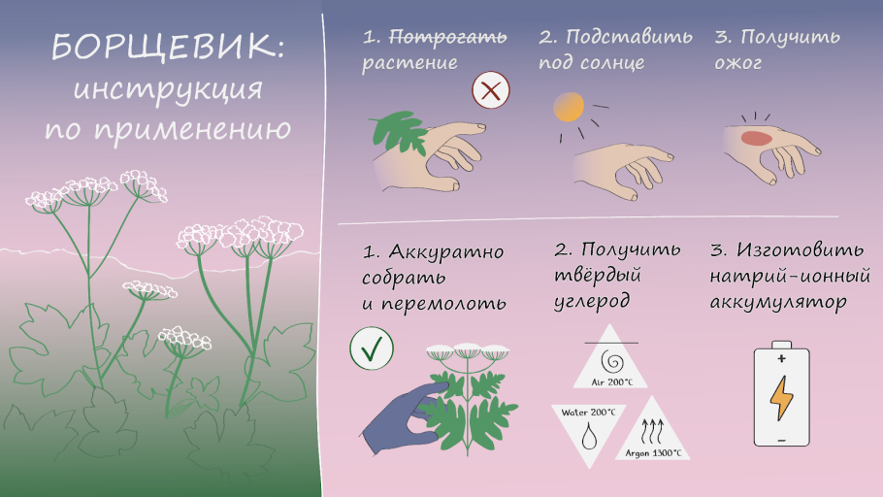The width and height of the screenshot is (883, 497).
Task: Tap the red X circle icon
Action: click(491, 92)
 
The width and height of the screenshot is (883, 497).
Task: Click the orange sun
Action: click(566, 107)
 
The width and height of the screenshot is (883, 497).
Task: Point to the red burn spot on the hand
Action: click(756, 138)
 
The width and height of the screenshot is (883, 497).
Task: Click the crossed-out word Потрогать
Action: click(448, 38)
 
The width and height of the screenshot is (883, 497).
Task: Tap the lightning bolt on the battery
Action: click(781, 398)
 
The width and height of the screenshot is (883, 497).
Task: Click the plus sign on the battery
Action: click(781, 358)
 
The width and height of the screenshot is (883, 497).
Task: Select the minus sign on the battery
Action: click(781, 440)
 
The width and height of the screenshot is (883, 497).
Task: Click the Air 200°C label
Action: click(611, 381)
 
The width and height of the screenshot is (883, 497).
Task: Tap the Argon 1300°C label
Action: click(652, 452)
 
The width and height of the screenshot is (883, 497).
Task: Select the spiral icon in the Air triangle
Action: click(611, 361)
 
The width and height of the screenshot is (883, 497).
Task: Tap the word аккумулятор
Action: click(777, 302)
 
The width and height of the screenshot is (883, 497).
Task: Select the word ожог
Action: click(738, 64)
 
